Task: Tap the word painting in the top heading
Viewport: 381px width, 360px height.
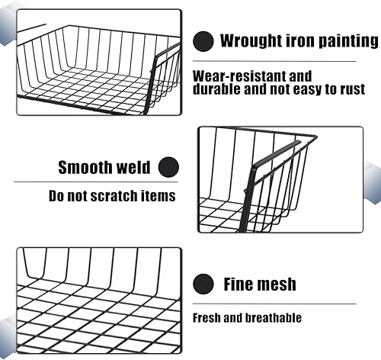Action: click(x=348, y=40)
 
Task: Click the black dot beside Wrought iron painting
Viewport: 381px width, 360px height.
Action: click(x=203, y=41)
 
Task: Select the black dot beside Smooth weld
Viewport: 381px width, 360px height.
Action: click(x=168, y=167)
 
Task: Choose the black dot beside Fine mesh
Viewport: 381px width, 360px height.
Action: click(x=203, y=284)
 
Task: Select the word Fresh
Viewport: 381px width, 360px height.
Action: click(x=207, y=318)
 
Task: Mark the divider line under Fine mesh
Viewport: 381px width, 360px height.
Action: click(x=274, y=304)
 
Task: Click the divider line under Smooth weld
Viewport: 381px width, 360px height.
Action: click(x=96, y=182)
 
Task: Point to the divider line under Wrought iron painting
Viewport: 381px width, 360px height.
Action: click(x=274, y=61)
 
